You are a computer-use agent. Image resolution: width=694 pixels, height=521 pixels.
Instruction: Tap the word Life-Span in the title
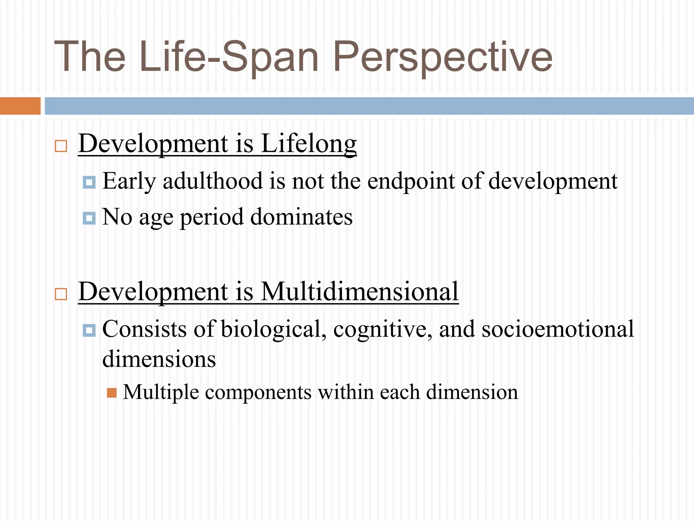[x=229, y=57]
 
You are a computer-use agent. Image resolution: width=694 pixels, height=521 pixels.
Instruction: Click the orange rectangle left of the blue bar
[x=20, y=106]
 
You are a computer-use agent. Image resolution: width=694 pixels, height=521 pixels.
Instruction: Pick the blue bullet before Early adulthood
[x=89, y=182]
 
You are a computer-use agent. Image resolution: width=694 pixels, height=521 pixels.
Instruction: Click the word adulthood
[x=212, y=181]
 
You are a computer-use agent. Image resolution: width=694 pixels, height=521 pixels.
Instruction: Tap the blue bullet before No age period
[x=89, y=218]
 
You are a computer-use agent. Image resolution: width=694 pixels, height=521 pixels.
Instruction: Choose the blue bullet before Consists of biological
[x=89, y=330]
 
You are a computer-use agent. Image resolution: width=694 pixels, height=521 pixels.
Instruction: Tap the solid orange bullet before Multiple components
[x=112, y=393]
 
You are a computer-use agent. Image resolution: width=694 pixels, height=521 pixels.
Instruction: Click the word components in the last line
[x=258, y=393]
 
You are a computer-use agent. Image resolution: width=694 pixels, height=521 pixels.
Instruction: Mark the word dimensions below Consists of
[x=159, y=359]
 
